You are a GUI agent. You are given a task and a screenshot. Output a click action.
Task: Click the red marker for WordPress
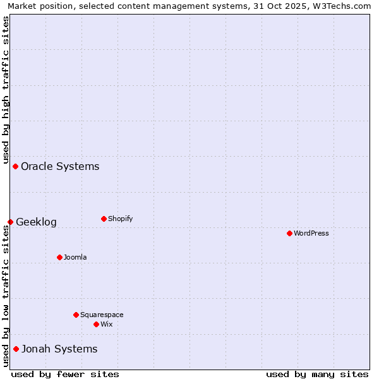tap(289, 233)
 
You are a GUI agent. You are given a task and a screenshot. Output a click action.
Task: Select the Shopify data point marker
tap(104, 219)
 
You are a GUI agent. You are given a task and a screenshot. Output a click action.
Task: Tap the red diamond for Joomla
tap(59, 257)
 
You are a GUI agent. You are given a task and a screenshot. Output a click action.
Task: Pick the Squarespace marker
tap(76, 315)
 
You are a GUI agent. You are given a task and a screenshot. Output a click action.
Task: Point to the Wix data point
tap(96, 324)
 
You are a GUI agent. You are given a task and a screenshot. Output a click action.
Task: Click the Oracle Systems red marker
tap(15, 166)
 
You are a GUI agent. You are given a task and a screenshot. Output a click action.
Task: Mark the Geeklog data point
tap(10, 222)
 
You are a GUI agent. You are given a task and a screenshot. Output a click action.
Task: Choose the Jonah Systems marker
tap(16, 349)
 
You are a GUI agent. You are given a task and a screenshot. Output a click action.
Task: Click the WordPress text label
tap(311, 233)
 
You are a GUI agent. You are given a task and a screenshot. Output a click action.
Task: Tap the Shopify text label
tap(120, 219)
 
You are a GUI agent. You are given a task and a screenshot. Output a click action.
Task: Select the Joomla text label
tap(75, 257)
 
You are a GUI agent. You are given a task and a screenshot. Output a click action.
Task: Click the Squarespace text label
tap(102, 315)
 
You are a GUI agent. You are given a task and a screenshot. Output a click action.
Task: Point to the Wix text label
tap(106, 324)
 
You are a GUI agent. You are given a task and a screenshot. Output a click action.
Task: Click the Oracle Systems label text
tap(60, 166)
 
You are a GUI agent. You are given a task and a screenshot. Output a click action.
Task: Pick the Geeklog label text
tap(36, 222)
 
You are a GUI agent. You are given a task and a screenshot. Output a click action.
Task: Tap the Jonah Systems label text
tap(59, 349)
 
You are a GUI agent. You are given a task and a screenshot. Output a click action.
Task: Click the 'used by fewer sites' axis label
tap(65, 374)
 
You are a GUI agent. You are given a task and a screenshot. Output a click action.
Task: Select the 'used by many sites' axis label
tap(317, 374)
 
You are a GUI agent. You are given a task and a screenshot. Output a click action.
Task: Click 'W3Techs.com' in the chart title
tap(340, 6)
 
